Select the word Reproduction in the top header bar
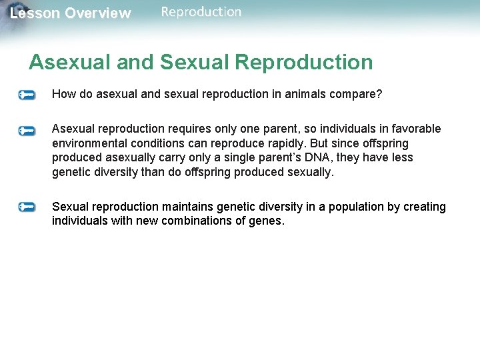tap(201, 11)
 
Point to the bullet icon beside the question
tap(27, 95)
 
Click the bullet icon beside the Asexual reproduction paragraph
tap(27, 130)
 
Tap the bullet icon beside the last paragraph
tap(27, 208)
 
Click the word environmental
tap(91, 143)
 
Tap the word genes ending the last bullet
tap(267, 221)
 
